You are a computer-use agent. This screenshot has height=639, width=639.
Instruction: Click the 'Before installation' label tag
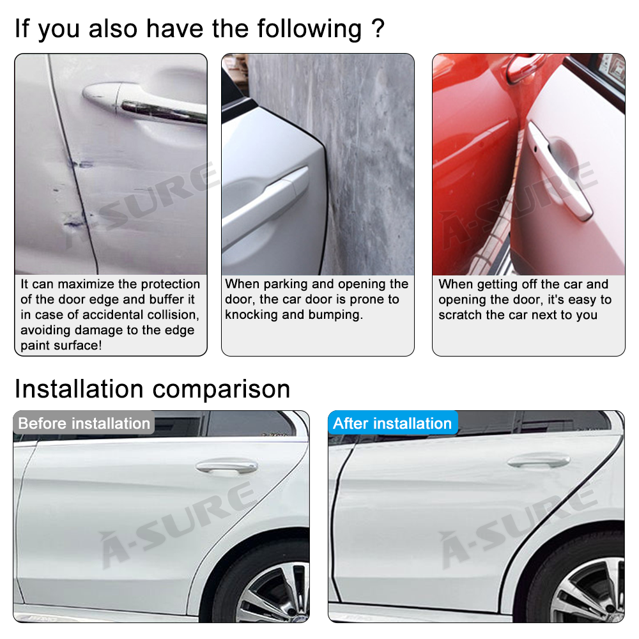click(x=84, y=424)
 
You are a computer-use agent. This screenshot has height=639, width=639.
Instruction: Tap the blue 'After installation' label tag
click(x=392, y=424)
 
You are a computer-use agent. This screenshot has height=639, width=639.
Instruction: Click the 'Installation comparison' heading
click(x=152, y=389)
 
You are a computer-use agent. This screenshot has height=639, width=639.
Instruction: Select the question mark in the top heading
click(x=377, y=29)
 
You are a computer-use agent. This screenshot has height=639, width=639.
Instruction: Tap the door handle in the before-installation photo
click(x=226, y=466)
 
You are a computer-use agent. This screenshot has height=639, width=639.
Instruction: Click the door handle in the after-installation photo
click(x=538, y=461)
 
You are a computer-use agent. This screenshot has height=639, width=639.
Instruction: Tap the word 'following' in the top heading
click(x=309, y=29)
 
